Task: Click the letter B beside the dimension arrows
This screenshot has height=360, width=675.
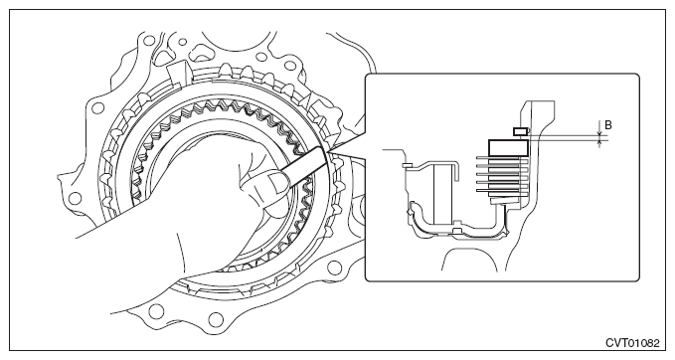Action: click(608, 125)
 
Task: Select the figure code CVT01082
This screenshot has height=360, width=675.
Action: click(632, 343)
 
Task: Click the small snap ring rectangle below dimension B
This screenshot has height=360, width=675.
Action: click(520, 131)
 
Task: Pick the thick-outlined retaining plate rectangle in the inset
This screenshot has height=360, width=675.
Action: click(508, 148)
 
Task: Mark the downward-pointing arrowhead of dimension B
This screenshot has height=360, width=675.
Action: click(599, 131)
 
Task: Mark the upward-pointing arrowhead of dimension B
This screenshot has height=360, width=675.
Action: click(599, 141)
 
